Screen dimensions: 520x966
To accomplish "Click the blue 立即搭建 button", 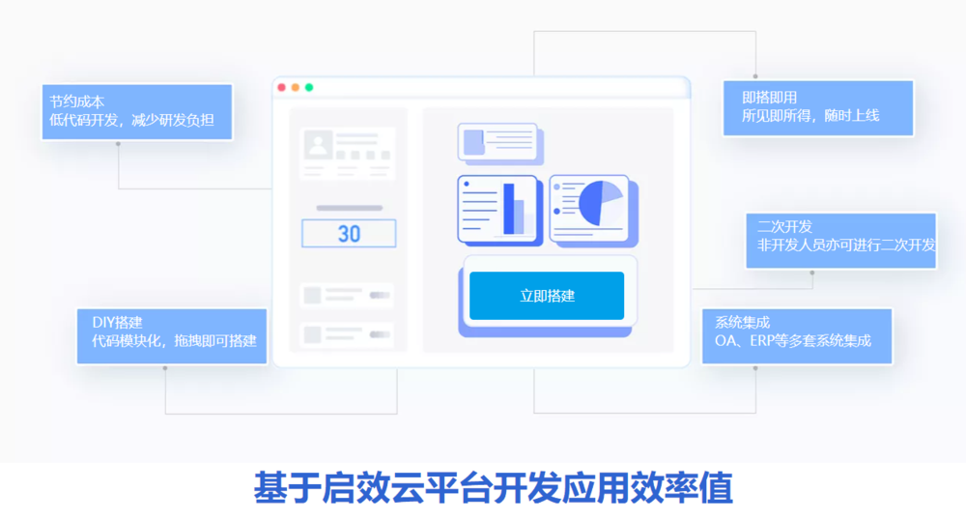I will pos(547,296).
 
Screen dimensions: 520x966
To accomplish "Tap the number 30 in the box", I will pos(349,234).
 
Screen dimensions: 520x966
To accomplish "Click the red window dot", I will pos(282,87).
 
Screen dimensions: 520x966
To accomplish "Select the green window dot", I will pos(309,87).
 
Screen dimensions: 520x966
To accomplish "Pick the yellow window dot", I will pos(296,87).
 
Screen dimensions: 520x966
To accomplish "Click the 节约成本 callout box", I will pos(136,111).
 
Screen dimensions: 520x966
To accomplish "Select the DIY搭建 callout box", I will pos(172,335).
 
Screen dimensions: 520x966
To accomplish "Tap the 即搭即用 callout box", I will pos(817,107).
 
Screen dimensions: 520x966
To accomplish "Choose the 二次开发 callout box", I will pos(840,240).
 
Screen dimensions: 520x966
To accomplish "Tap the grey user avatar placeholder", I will pos(318,145).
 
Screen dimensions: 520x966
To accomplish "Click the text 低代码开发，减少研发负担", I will pos(131,120).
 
